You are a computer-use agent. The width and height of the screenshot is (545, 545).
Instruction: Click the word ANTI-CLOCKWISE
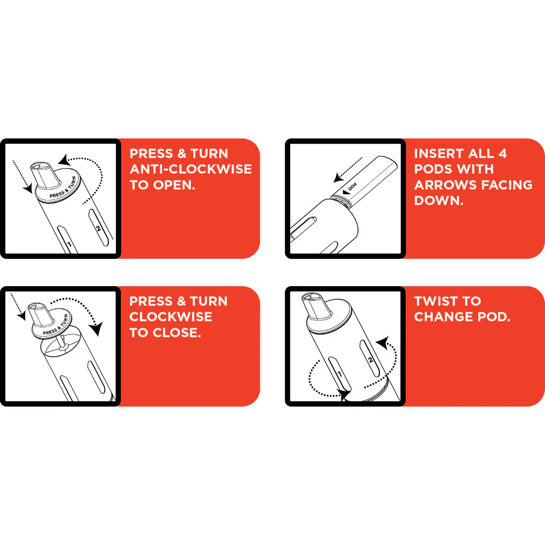[x=190, y=169]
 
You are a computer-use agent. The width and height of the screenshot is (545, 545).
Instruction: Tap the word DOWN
[x=437, y=200]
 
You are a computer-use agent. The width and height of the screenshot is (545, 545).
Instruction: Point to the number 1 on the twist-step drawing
[x=340, y=374]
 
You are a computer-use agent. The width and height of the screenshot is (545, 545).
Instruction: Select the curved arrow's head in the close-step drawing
[x=98, y=329]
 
